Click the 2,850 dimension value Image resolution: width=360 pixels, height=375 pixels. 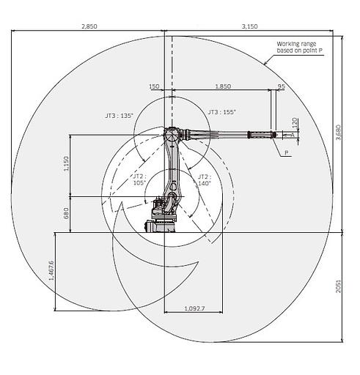pos(89,26)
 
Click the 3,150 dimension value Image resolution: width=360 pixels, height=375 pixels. pos(249,26)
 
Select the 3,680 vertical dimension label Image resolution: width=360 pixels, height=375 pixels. pos(338,133)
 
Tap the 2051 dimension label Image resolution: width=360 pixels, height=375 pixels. pos(338,286)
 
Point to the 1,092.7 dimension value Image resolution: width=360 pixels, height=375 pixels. pos(194,308)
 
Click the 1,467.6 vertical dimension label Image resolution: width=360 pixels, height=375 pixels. pos(51,270)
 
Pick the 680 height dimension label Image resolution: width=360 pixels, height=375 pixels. pos(66,213)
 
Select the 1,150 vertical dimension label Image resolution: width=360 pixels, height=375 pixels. pos(66,163)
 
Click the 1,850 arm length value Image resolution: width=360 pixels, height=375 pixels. pos(223,86)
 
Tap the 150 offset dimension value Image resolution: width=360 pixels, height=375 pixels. pos(154,86)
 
